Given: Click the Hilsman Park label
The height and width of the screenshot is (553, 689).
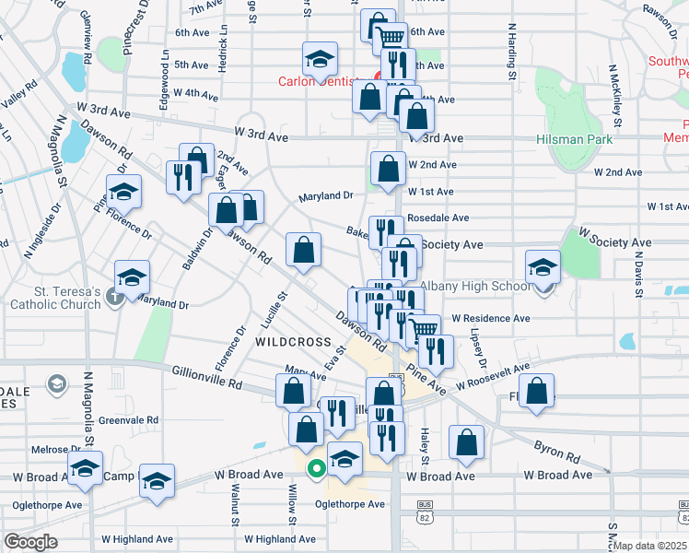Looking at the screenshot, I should (573, 139).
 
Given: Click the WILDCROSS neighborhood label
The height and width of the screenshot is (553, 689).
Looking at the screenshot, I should (292, 342).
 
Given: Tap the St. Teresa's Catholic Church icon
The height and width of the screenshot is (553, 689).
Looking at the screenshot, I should (112, 297).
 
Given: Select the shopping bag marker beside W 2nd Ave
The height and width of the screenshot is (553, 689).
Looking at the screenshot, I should (388, 169).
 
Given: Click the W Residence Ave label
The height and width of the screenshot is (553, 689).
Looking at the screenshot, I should (490, 319).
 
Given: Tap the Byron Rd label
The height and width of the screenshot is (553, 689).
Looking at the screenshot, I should (555, 450).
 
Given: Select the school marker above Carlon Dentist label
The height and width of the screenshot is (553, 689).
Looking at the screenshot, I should (319, 61).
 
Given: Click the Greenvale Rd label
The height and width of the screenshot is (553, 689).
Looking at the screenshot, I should (128, 419).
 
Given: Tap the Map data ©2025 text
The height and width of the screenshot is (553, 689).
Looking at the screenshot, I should (649, 546).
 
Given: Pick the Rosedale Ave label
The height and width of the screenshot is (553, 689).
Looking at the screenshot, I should (438, 218).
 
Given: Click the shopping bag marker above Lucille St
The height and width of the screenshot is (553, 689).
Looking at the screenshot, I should (303, 249).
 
